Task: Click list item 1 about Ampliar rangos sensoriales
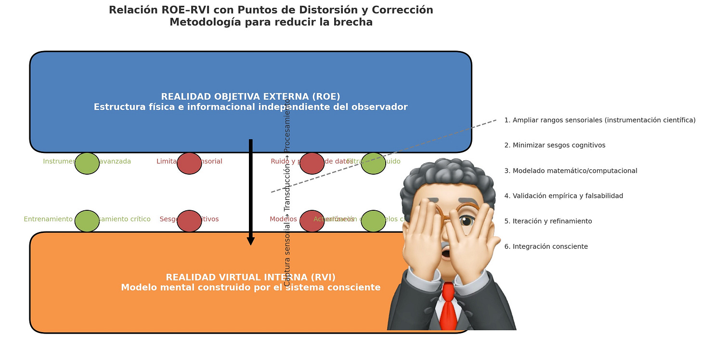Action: [599, 120]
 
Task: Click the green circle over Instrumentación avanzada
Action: [87, 163]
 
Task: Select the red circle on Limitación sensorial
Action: [189, 163]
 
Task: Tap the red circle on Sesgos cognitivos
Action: [189, 221]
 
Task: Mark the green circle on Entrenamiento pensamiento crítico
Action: [87, 221]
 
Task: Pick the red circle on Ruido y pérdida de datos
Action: [312, 163]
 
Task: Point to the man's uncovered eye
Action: [466, 221]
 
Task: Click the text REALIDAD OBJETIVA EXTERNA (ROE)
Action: [250, 97]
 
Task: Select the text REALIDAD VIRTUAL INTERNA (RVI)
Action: [250, 277]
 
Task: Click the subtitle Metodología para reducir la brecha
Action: [271, 22]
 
